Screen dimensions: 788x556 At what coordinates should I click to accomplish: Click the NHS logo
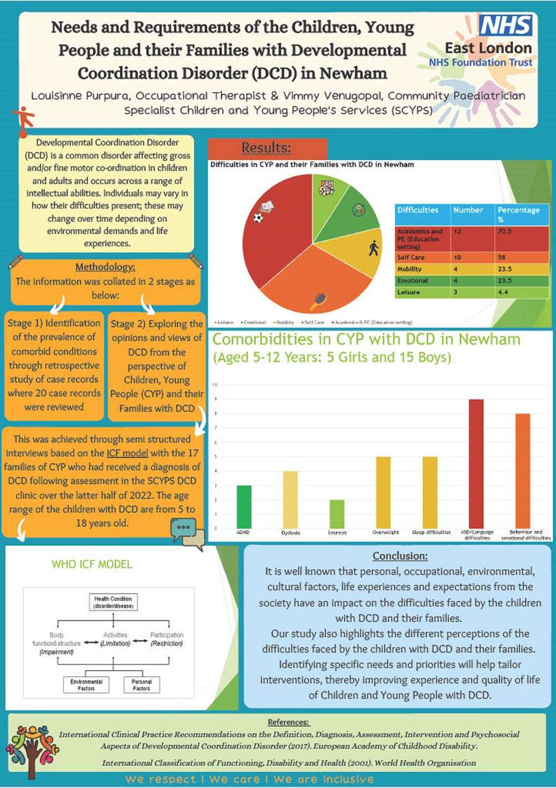click(x=505, y=26)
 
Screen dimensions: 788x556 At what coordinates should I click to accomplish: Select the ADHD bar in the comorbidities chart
click(x=244, y=507)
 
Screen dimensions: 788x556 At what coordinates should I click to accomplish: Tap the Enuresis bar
click(x=337, y=514)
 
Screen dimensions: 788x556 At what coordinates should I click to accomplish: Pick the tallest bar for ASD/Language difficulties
click(x=476, y=463)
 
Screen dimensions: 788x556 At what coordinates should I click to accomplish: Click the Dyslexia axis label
click(x=290, y=533)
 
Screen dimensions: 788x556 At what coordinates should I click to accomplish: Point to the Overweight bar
click(x=384, y=492)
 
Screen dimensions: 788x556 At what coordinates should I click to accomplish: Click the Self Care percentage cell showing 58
click(x=502, y=257)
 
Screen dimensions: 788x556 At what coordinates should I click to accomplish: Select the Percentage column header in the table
click(x=519, y=213)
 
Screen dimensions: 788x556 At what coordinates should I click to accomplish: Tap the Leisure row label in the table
click(x=409, y=292)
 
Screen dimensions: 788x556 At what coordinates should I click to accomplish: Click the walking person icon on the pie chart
click(x=374, y=248)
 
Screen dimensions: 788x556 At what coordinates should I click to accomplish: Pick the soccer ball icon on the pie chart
click(x=258, y=218)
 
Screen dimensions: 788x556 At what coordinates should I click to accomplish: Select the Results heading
click(x=266, y=148)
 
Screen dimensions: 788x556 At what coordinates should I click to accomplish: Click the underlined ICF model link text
click(x=127, y=453)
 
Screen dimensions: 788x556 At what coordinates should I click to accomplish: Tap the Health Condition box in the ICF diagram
click(x=113, y=602)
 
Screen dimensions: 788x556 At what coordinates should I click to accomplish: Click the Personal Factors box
click(x=141, y=685)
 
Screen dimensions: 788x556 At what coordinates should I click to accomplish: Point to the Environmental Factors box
click(x=86, y=685)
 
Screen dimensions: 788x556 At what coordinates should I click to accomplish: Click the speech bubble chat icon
click(x=187, y=532)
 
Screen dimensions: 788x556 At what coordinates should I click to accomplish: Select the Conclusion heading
click(x=400, y=556)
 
